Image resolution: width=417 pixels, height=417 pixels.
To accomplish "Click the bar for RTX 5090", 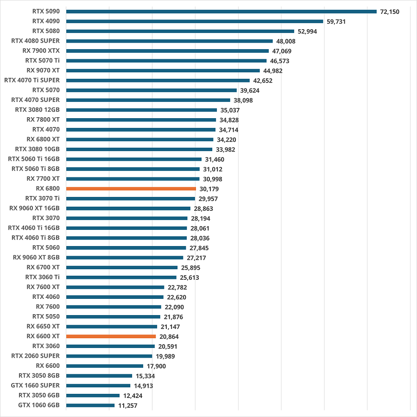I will [x=221, y=12].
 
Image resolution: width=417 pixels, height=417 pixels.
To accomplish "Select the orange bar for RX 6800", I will [x=131, y=189].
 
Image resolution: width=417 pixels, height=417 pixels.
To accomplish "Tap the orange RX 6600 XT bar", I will [x=111, y=336].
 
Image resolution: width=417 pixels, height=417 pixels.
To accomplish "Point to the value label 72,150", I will [x=389, y=12].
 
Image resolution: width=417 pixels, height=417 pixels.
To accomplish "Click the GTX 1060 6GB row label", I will [x=39, y=405].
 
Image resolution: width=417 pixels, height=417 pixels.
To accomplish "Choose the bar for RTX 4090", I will [x=195, y=21].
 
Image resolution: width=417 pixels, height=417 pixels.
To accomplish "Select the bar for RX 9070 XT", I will [x=163, y=70].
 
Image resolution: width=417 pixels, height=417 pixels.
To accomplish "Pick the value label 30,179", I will [x=209, y=189].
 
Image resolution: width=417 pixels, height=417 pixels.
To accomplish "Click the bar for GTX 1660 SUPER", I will [x=98, y=385].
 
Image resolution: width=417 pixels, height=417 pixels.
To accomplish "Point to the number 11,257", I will [x=128, y=405].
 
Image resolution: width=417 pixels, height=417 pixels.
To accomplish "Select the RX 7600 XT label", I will [x=43, y=287].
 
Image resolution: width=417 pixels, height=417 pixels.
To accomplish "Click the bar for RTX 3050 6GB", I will [x=93, y=395].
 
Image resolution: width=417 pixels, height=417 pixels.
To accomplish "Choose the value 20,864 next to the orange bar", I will [x=169, y=337].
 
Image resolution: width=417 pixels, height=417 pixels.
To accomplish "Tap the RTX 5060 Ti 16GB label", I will [x=34, y=159].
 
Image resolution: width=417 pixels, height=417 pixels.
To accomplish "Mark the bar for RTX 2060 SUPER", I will [x=109, y=356].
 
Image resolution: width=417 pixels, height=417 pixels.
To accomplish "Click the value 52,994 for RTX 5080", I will [x=308, y=31].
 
